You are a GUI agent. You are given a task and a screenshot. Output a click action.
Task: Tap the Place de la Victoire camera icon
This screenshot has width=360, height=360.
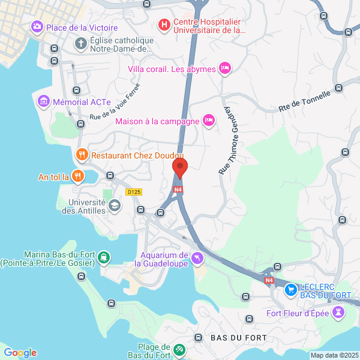[x=37, y=27]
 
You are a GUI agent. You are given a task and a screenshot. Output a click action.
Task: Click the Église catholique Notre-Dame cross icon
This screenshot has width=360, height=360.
[x=81, y=43]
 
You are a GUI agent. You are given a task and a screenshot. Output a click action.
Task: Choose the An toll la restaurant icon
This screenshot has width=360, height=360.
[x=77, y=176]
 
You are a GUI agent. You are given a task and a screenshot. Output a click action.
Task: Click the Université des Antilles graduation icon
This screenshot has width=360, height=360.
[x=114, y=206]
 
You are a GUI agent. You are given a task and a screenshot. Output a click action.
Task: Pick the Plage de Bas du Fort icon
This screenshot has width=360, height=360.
[x=179, y=349]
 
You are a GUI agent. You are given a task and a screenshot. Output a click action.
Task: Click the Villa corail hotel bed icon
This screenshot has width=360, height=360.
[x=224, y=68]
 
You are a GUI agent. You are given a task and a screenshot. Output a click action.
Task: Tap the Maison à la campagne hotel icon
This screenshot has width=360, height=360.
[x=209, y=121]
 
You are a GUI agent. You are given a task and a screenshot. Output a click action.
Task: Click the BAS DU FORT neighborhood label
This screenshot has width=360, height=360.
[x=238, y=337]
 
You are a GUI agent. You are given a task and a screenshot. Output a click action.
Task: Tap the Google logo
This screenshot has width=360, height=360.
[x=20, y=353]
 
